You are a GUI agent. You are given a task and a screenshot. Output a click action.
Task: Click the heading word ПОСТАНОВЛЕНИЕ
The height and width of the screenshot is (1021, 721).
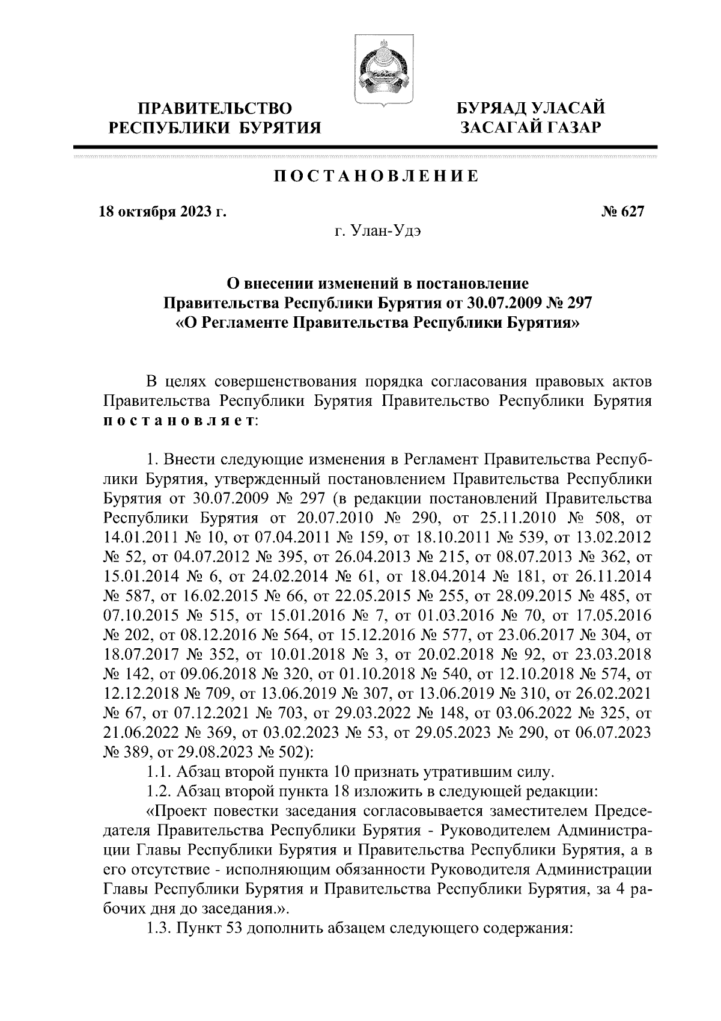376,176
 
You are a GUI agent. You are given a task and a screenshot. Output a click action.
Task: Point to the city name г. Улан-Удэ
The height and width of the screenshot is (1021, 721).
377,231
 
